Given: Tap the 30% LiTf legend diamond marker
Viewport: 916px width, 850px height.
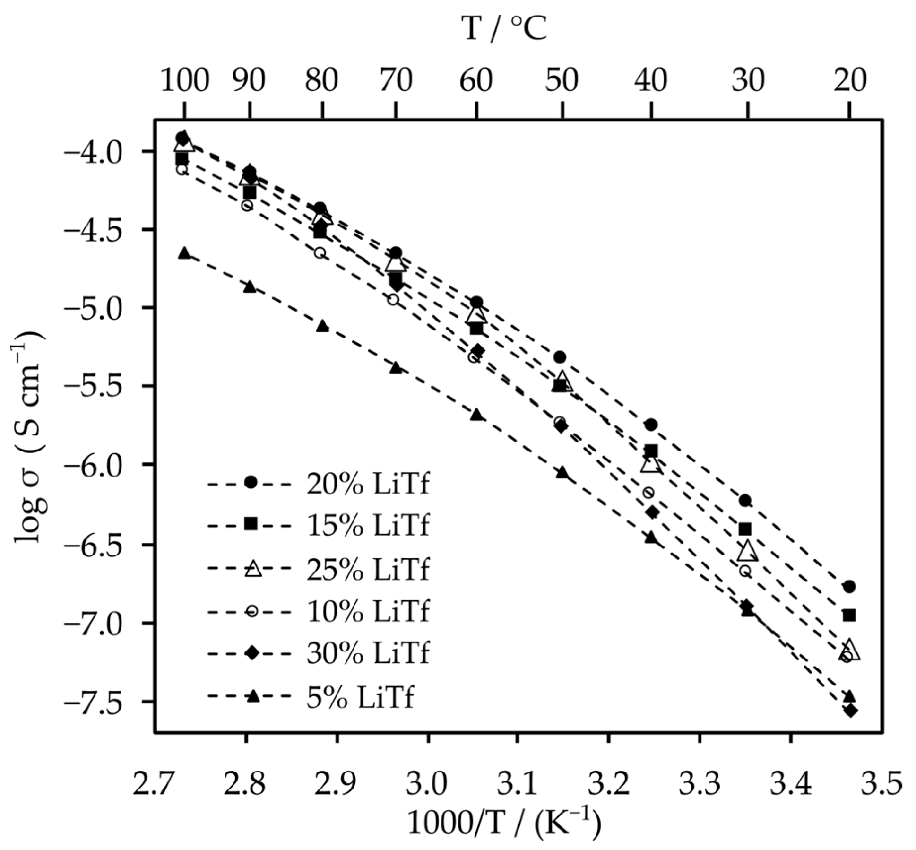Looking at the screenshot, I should tap(251, 654).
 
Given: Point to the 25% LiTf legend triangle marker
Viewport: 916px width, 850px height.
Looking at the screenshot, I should tap(251, 569).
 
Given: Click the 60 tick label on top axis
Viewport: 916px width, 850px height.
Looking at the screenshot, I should tap(476, 80).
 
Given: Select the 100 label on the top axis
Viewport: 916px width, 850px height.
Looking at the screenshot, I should tap(184, 80).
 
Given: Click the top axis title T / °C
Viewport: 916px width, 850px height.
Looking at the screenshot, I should tap(504, 28).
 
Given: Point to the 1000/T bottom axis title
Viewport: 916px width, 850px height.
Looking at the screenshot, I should tap(504, 823).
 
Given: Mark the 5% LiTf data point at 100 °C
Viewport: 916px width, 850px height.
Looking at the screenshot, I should tap(184, 253).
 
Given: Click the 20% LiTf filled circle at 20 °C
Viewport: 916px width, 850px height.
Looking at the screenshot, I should tap(849, 587).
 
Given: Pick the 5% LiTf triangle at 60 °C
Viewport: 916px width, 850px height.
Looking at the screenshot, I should tap(476, 415).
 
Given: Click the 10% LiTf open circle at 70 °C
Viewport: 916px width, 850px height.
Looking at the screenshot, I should tap(393, 299).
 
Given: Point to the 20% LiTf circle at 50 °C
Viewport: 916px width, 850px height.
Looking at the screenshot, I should tap(561, 357).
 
